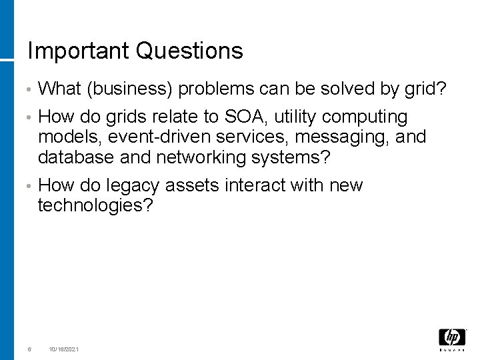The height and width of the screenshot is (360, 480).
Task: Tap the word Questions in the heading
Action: (189, 51)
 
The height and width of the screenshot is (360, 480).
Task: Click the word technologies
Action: (95, 205)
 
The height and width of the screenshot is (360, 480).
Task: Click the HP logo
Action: (451, 338)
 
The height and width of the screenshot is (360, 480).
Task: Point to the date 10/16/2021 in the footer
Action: (64, 349)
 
